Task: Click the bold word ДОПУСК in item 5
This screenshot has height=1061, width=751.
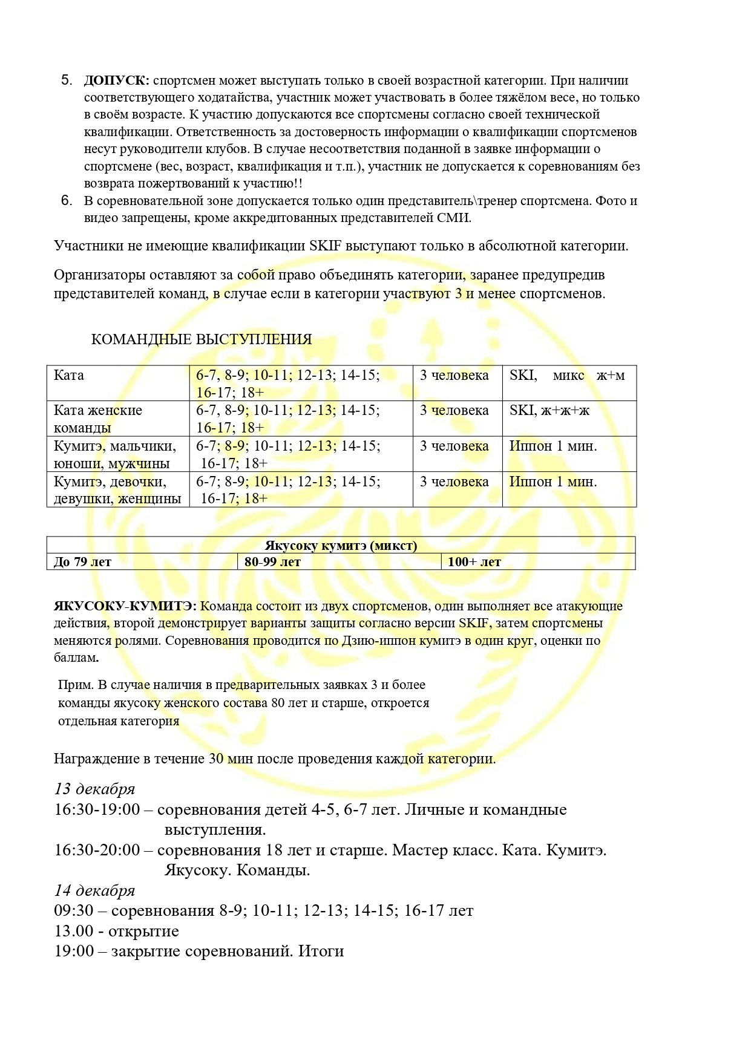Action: [x=116, y=80]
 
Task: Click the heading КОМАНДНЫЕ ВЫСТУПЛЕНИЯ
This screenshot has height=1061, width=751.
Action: [x=202, y=339]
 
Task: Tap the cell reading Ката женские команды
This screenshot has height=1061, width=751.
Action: [x=98, y=419]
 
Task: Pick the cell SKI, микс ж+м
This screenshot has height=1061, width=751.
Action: [x=567, y=376]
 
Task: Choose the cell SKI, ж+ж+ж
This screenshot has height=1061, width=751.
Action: [x=549, y=411]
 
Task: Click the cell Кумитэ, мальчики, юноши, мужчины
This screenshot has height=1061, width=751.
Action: [x=115, y=454]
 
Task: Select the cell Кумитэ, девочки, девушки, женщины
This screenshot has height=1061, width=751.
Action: [x=117, y=490]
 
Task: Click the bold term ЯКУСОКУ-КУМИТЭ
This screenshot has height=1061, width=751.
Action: [x=123, y=606]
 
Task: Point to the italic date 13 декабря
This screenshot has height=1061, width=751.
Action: [x=94, y=789]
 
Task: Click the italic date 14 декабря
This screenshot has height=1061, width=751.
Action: [x=94, y=890]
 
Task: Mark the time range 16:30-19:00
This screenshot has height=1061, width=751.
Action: [x=97, y=809]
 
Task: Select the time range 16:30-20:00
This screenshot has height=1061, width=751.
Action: [x=97, y=850]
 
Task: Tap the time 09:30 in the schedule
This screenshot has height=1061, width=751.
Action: [x=74, y=910]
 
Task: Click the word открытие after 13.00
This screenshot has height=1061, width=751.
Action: [x=144, y=931]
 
